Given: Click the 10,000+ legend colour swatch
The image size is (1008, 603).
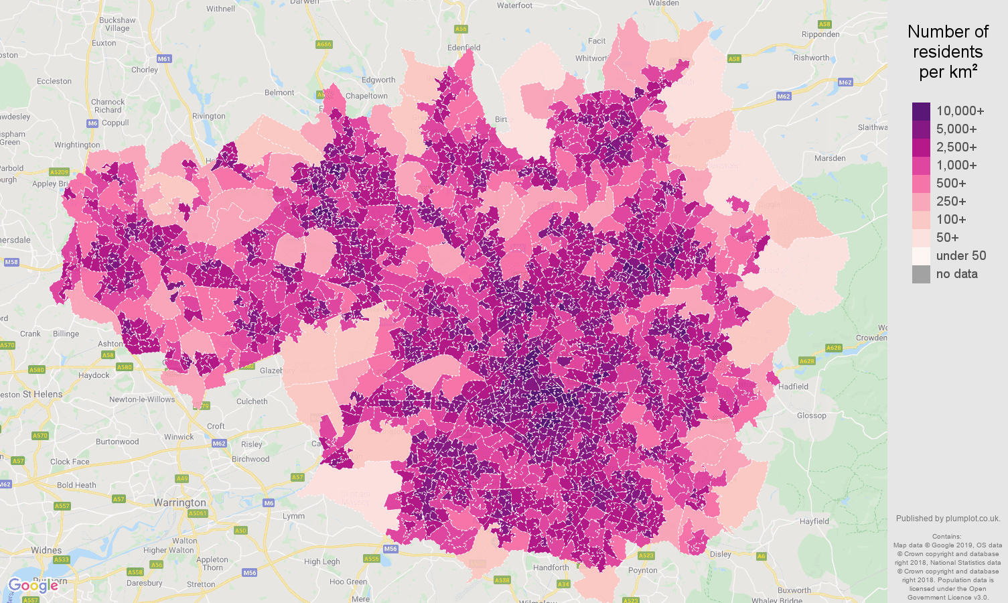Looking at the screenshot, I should pos(921,111).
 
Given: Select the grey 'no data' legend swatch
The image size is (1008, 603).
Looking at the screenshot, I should pos(921,274).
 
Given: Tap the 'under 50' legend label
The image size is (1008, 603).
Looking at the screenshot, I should pos(960,256).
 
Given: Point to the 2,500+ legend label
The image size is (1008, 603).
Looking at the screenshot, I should pos(956,147).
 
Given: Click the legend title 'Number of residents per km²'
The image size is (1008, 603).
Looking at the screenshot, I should pos(948,52).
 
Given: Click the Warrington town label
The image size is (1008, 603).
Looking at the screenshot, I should pos(179,503).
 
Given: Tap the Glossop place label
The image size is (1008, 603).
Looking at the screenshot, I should pos(811,415).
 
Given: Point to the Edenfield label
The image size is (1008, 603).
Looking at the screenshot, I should pos(463,48).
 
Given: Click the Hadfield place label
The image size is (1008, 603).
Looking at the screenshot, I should pos(793,387).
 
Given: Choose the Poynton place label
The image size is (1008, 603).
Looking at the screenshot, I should pos(642,571).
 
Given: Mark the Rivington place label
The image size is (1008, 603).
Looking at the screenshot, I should pos(208,116).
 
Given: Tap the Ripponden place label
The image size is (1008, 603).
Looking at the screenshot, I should pos(820,34).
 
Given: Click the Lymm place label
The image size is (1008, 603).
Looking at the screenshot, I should pos(293,516).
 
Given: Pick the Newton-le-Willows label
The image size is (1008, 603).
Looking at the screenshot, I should pos(141,399).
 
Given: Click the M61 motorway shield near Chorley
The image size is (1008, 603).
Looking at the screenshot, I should pos(164,59).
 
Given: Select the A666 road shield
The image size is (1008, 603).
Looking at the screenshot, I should pos(323,44).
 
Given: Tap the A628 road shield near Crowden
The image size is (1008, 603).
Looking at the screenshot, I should pos(833,348).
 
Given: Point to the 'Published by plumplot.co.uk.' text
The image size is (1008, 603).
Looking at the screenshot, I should pos(948,519).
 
